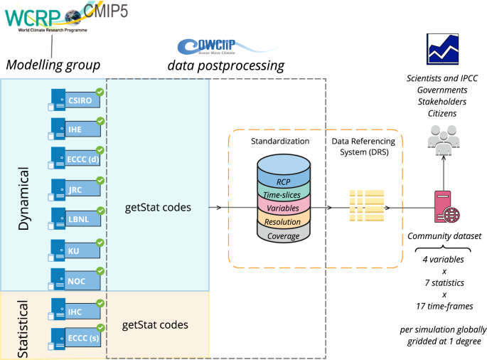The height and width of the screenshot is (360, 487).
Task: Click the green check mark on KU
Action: point(100,243)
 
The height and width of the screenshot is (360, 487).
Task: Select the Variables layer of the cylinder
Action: point(283,207)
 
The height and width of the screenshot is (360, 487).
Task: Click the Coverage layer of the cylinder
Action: point(283,235)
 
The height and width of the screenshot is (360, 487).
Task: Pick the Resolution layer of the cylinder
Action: point(283,222)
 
